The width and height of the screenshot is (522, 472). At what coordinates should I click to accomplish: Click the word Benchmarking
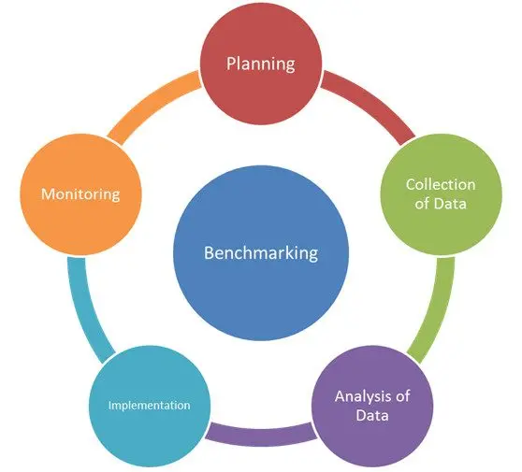point(260,252)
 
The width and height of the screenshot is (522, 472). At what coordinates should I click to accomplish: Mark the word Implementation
point(149,406)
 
